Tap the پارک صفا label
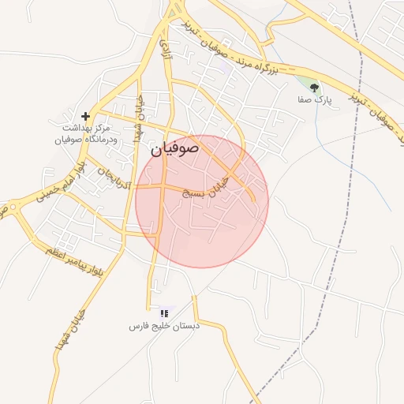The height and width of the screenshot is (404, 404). (x=311, y=100)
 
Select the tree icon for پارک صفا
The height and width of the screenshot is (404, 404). (x=315, y=88)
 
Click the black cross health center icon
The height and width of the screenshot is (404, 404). (x=85, y=116)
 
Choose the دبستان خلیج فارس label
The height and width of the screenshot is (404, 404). (x=166, y=325)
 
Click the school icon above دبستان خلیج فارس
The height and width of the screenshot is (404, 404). (x=164, y=313)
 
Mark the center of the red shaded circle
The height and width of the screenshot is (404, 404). (x=202, y=201)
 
